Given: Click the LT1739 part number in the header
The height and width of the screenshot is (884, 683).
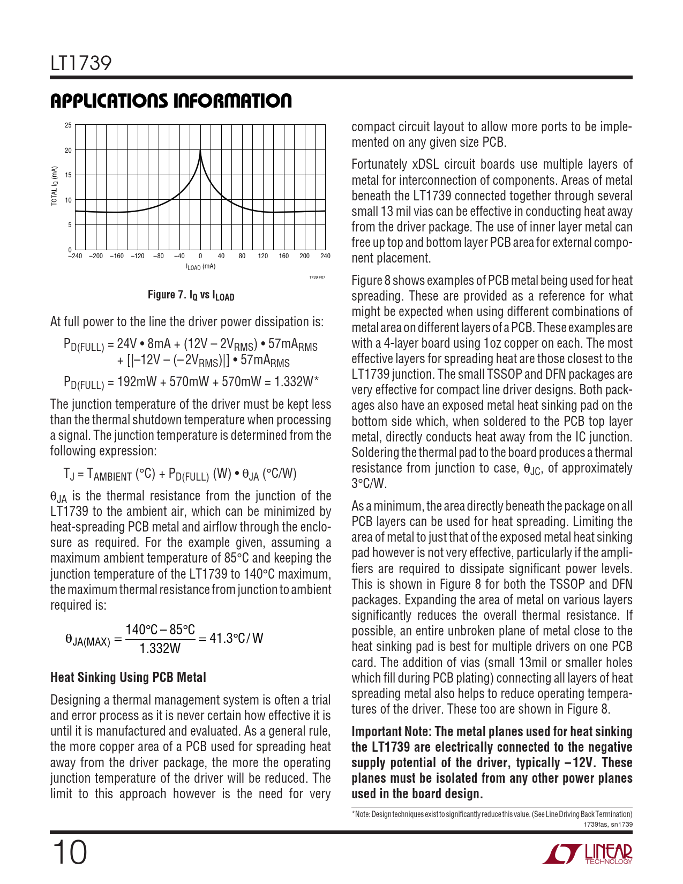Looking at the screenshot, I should [x=81, y=63].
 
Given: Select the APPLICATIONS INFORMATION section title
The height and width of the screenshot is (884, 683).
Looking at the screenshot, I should [x=171, y=101].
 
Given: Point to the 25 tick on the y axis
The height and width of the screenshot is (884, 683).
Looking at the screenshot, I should [x=68, y=125].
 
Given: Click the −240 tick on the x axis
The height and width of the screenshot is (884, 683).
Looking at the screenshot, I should [x=75, y=256].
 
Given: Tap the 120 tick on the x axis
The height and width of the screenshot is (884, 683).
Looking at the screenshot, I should [x=262, y=256].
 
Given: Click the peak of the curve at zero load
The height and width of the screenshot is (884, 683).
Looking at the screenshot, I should [x=200, y=152].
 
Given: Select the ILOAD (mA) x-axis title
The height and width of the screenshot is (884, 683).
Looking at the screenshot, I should [x=200, y=267].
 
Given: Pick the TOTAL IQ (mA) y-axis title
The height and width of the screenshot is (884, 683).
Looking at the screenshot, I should [x=54, y=186].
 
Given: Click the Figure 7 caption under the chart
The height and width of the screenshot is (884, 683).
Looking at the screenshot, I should [x=191, y=295].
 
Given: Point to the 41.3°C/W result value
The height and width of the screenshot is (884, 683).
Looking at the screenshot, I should [x=236, y=638].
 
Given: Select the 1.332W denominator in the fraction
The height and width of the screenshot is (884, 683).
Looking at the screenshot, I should [x=160, y=648].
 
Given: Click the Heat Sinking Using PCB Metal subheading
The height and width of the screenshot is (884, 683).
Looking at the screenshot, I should [x=128, y=678].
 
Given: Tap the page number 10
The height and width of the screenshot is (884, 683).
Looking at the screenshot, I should [x=69, y=852].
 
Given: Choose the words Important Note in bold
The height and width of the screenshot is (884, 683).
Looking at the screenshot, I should [x=391, y=732].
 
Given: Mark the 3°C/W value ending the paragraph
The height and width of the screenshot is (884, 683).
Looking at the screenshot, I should [x=369, y=484].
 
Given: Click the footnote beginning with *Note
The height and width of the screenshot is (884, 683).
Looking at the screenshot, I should [x=492, y=814].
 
